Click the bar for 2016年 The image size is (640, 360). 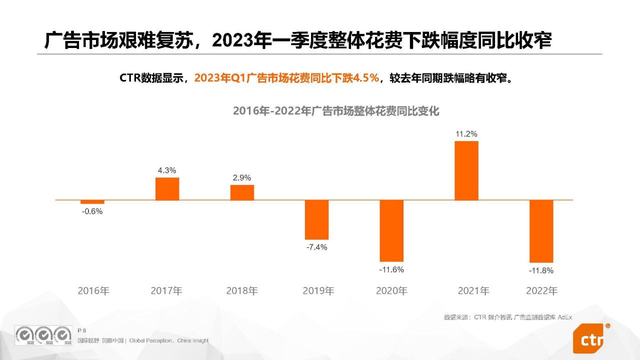(x=92, y=202)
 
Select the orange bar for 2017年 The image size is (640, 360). (x=167, y=188)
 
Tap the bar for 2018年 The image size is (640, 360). (x=242, y=192)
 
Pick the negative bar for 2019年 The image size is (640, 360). (x=317, y=219)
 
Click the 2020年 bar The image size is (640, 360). (x=391, y=230)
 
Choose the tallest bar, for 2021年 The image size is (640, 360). (x=466, y=170)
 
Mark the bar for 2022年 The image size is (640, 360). (x=541, y=231)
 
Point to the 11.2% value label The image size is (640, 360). (x=466, y=134)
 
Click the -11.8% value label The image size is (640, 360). (x=541, y=270)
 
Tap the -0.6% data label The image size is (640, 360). (x=92, y=211)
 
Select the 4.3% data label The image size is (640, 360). (x=167, y=170)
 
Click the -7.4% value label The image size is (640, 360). (x=317, y=247)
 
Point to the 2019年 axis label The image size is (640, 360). (x=318, y=290)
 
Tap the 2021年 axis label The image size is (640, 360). (x=473, y=290)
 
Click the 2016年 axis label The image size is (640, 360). (x=93, y=290)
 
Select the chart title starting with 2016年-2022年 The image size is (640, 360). (x=336, y=111)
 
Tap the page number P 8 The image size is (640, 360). (x=82, y=330)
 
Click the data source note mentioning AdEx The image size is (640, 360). (x=507, y=317)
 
